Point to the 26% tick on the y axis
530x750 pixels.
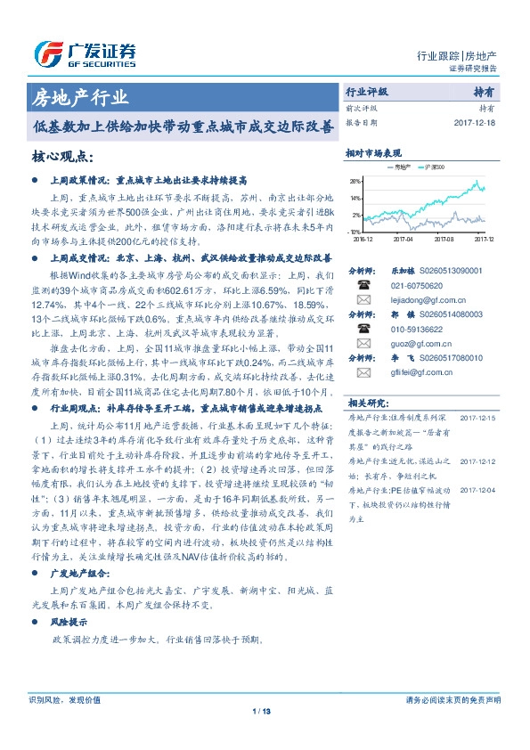355,181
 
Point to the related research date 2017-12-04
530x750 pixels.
477,490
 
